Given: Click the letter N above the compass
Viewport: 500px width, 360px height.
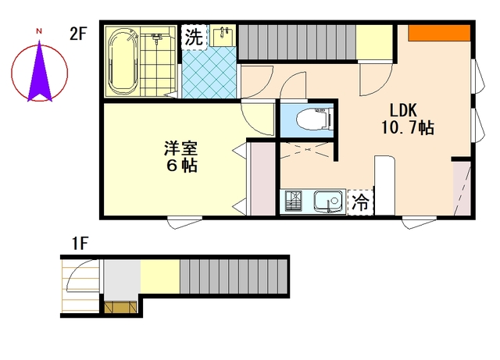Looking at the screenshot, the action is [39, 31].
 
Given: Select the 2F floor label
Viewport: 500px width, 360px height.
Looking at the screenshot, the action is [78, 34].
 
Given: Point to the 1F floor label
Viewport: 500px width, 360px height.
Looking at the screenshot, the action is [80, 244].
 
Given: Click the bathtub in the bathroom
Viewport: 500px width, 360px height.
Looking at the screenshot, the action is [123, 62].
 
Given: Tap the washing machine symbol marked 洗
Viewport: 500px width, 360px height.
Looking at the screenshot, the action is [194, 37].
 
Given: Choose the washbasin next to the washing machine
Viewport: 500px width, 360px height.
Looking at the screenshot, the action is [222, 36].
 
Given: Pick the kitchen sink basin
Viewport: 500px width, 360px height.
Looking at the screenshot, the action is [330, 201].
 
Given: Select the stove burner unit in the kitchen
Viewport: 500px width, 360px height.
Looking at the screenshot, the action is [293, 201].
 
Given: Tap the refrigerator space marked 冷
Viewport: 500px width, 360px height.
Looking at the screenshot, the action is [361, 202].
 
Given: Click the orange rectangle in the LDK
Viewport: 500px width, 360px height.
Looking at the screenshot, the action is [439, 33].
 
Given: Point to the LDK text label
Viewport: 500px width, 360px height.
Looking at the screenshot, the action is [403, 111].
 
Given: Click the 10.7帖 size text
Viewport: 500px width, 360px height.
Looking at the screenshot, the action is [408, 128].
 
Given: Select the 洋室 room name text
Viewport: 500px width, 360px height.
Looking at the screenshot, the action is [180, 148].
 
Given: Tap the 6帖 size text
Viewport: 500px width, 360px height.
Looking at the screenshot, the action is [182, 166].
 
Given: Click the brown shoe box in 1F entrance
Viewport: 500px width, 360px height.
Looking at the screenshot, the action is [120, 307].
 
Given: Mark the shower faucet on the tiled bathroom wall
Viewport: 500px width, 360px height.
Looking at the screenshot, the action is [156, 38].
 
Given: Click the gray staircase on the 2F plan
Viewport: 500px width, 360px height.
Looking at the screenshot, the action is [297, 42].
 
